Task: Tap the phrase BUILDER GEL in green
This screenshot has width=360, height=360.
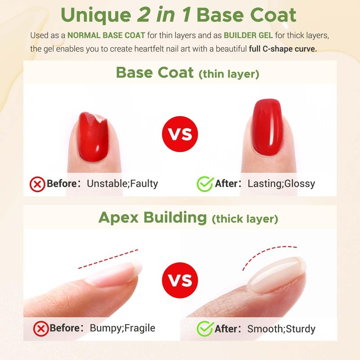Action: click(248, 36)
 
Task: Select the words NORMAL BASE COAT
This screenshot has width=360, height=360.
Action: click(106, 36)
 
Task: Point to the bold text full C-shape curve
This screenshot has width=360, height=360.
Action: click(283, 49)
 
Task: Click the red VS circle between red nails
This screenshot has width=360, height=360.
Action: click(180, 134)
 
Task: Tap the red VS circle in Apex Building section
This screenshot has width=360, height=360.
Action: click(180, 280)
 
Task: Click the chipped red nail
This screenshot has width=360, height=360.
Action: click(93, 137)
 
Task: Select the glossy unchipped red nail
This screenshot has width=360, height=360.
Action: click(267, 127)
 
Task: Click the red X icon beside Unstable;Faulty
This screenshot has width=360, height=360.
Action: click(37, 184)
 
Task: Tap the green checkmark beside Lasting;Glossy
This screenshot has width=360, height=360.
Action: click(205, 184)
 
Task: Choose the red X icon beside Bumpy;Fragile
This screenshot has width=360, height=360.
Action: click(41, 329)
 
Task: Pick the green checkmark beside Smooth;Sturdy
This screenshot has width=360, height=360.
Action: click(205, 329)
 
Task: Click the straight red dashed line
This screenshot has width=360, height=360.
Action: click(108, 259)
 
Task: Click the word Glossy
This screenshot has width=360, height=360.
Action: click(300, 184)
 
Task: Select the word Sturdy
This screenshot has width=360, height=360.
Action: click(301, 329)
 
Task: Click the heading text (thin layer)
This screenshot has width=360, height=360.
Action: click(229, 74)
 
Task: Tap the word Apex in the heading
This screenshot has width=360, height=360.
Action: click(118, 217)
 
